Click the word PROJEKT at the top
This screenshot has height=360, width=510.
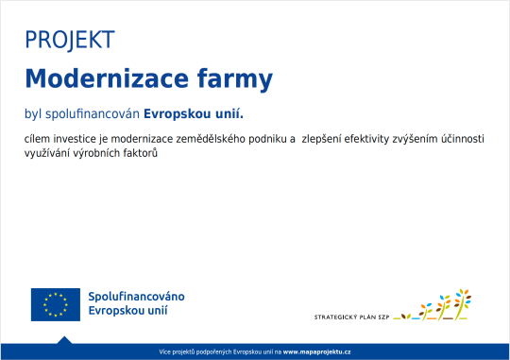70,40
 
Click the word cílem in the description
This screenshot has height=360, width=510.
39,139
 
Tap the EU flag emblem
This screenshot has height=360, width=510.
55,303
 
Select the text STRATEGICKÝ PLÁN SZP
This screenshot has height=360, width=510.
350,317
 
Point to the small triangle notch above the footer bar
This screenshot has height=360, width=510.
63,339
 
